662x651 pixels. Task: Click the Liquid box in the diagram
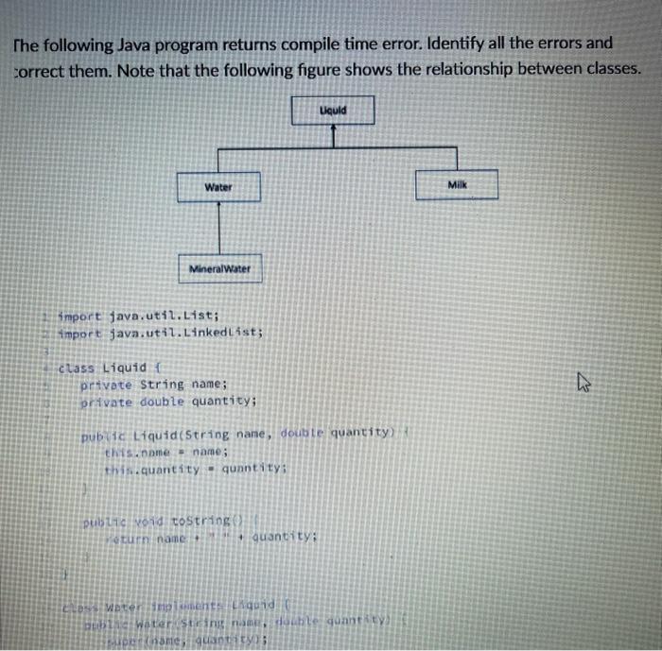point(333,111)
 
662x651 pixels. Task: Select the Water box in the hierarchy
point(218,187)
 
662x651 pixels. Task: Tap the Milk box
point(458,186)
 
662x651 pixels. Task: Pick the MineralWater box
point(219,268)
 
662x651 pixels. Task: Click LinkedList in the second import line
point(219,333)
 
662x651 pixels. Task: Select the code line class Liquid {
point(112,367)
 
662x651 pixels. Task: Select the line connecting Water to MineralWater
point(219,228)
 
